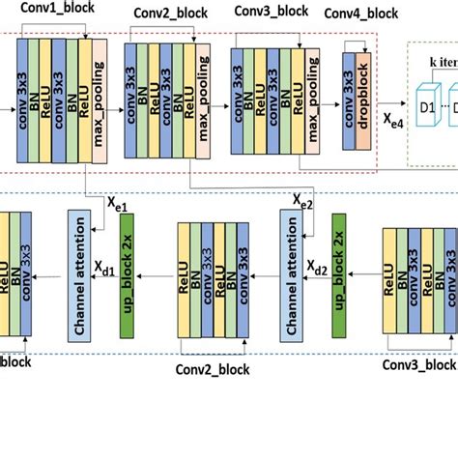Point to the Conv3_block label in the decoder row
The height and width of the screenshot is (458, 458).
[x=418, y=364]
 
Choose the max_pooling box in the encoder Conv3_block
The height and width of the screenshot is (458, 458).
[x=311, y=100]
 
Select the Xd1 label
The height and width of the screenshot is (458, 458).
[x=104, y=263]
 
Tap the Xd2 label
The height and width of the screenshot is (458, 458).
[x=316, y=263]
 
